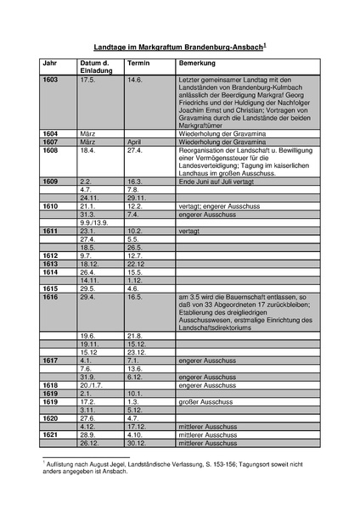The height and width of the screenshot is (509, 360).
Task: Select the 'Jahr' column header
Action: [50, 64]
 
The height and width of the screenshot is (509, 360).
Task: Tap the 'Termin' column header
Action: [139, 64]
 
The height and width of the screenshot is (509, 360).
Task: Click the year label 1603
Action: [51, 79]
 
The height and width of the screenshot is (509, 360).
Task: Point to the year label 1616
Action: [51, 298]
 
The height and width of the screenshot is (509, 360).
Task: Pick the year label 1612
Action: [51, 255]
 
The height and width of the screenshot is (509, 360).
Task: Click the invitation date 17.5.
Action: [87, 79]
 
